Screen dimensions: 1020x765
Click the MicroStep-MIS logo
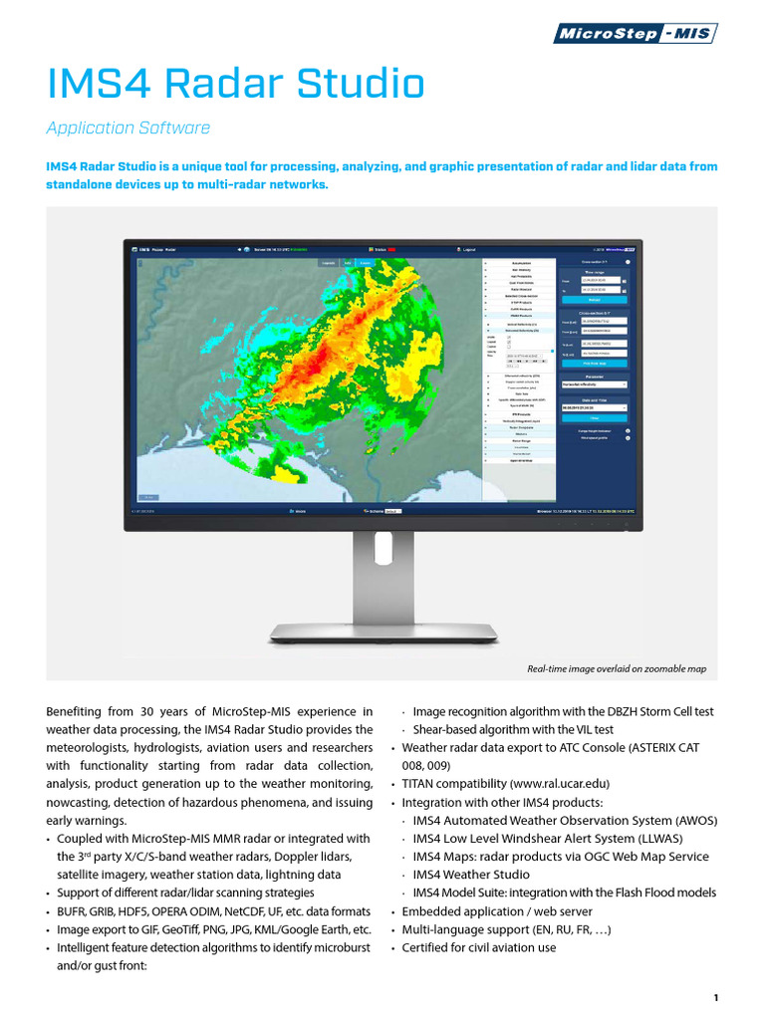pyautogui.click(x=635, y=34)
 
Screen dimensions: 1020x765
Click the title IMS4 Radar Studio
pyautogui.click(x=236, y=84)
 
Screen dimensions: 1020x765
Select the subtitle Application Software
pyautogui.click(x=128, y=127)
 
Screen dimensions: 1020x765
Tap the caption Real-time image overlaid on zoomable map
pyautogui.click(x=616, y=668)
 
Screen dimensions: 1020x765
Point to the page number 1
pyautogui.click(x=715, y=997)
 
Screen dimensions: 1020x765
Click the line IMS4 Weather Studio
pyautogui.click(x=471, y=875)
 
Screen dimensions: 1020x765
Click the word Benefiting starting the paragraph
pyautogui.click(x=78, y=711)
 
